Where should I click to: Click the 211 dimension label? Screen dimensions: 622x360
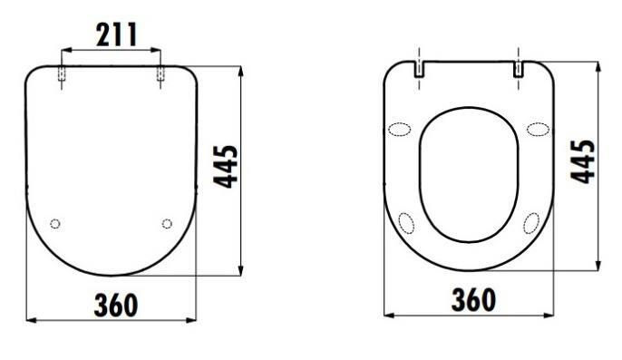point(117,34)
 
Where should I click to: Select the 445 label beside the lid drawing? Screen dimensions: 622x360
point(226,167)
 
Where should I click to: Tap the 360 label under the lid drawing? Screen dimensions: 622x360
point(116,306)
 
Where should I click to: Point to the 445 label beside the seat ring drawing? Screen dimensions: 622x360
point(583,161)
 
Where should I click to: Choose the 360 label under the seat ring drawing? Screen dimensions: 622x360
point(473,300)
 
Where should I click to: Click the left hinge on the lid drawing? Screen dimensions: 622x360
point(62,73)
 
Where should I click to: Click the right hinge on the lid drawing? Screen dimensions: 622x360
point(160,73)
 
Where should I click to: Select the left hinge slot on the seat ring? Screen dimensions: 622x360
point(420,69)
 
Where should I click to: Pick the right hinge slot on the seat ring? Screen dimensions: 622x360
point(519,69)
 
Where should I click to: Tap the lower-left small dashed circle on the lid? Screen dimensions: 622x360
point(55,224)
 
